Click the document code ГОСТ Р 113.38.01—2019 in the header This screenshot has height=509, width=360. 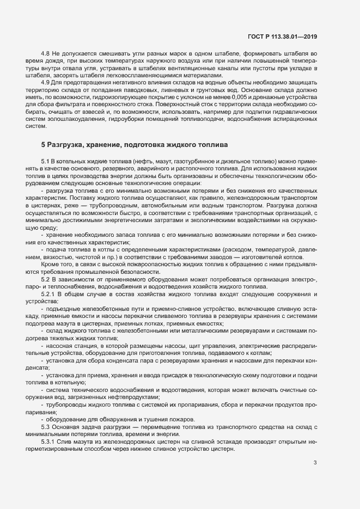tap(282, 36)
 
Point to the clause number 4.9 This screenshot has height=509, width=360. tap(46, 82)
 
